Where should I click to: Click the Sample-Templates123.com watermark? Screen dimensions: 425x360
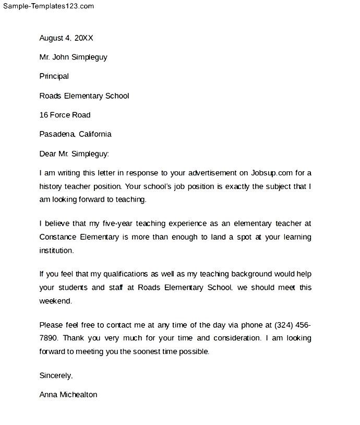[x=47, y=6]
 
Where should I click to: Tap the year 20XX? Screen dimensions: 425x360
[x=85, y=38]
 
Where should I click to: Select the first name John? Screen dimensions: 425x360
[x=62, y=57]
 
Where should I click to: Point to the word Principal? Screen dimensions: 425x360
[x=54, y=76]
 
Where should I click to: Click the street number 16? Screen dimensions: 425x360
[x=44, y=115]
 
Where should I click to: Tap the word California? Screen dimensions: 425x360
[x=95, y=134]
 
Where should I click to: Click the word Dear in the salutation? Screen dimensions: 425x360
[x=48, y=154]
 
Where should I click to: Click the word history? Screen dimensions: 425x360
[x=50, y=186]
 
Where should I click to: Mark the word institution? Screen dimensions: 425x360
[x=56, y=250]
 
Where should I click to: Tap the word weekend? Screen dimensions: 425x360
[x=55, y=301]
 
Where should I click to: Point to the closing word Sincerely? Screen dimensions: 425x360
[x=56, y=375]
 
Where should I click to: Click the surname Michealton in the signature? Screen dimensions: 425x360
[x=77, y=395]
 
